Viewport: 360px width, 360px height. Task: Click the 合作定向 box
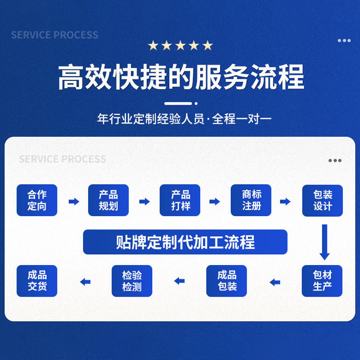(x=37, y=200)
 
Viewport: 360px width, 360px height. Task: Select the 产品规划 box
(x=108, y=200)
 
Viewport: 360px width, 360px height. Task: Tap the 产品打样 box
(x=180, y=200)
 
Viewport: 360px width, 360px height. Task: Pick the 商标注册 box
(x=251, y=200)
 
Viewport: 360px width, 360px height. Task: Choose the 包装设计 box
(x=323, y=201)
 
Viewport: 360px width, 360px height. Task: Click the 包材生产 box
(x=323, y=281)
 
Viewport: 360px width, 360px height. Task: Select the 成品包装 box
(x=227, y=281)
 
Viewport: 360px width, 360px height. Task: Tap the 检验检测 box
(x=132, y=281)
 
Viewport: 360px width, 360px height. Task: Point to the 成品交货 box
(x=37, y=281)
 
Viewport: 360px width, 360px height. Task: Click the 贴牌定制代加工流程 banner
(x=185, y=242)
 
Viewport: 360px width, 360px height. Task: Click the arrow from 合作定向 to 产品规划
(x=73, y=201)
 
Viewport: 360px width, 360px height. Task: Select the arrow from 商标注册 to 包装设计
(x=285, y=201)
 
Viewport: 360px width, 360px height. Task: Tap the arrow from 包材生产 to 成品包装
(x=275, y=282)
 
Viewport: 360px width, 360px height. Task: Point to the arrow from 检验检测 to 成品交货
(x=85, y=282)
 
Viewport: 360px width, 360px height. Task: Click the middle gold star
(x=180, y=45)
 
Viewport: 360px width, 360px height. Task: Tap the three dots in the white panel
(x=335, y=161)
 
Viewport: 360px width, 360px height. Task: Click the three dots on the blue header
(x=344, y=40)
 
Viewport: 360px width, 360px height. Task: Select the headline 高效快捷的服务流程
(x=181, y=77)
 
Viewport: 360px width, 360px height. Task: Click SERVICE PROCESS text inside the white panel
(x=63, y=159)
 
